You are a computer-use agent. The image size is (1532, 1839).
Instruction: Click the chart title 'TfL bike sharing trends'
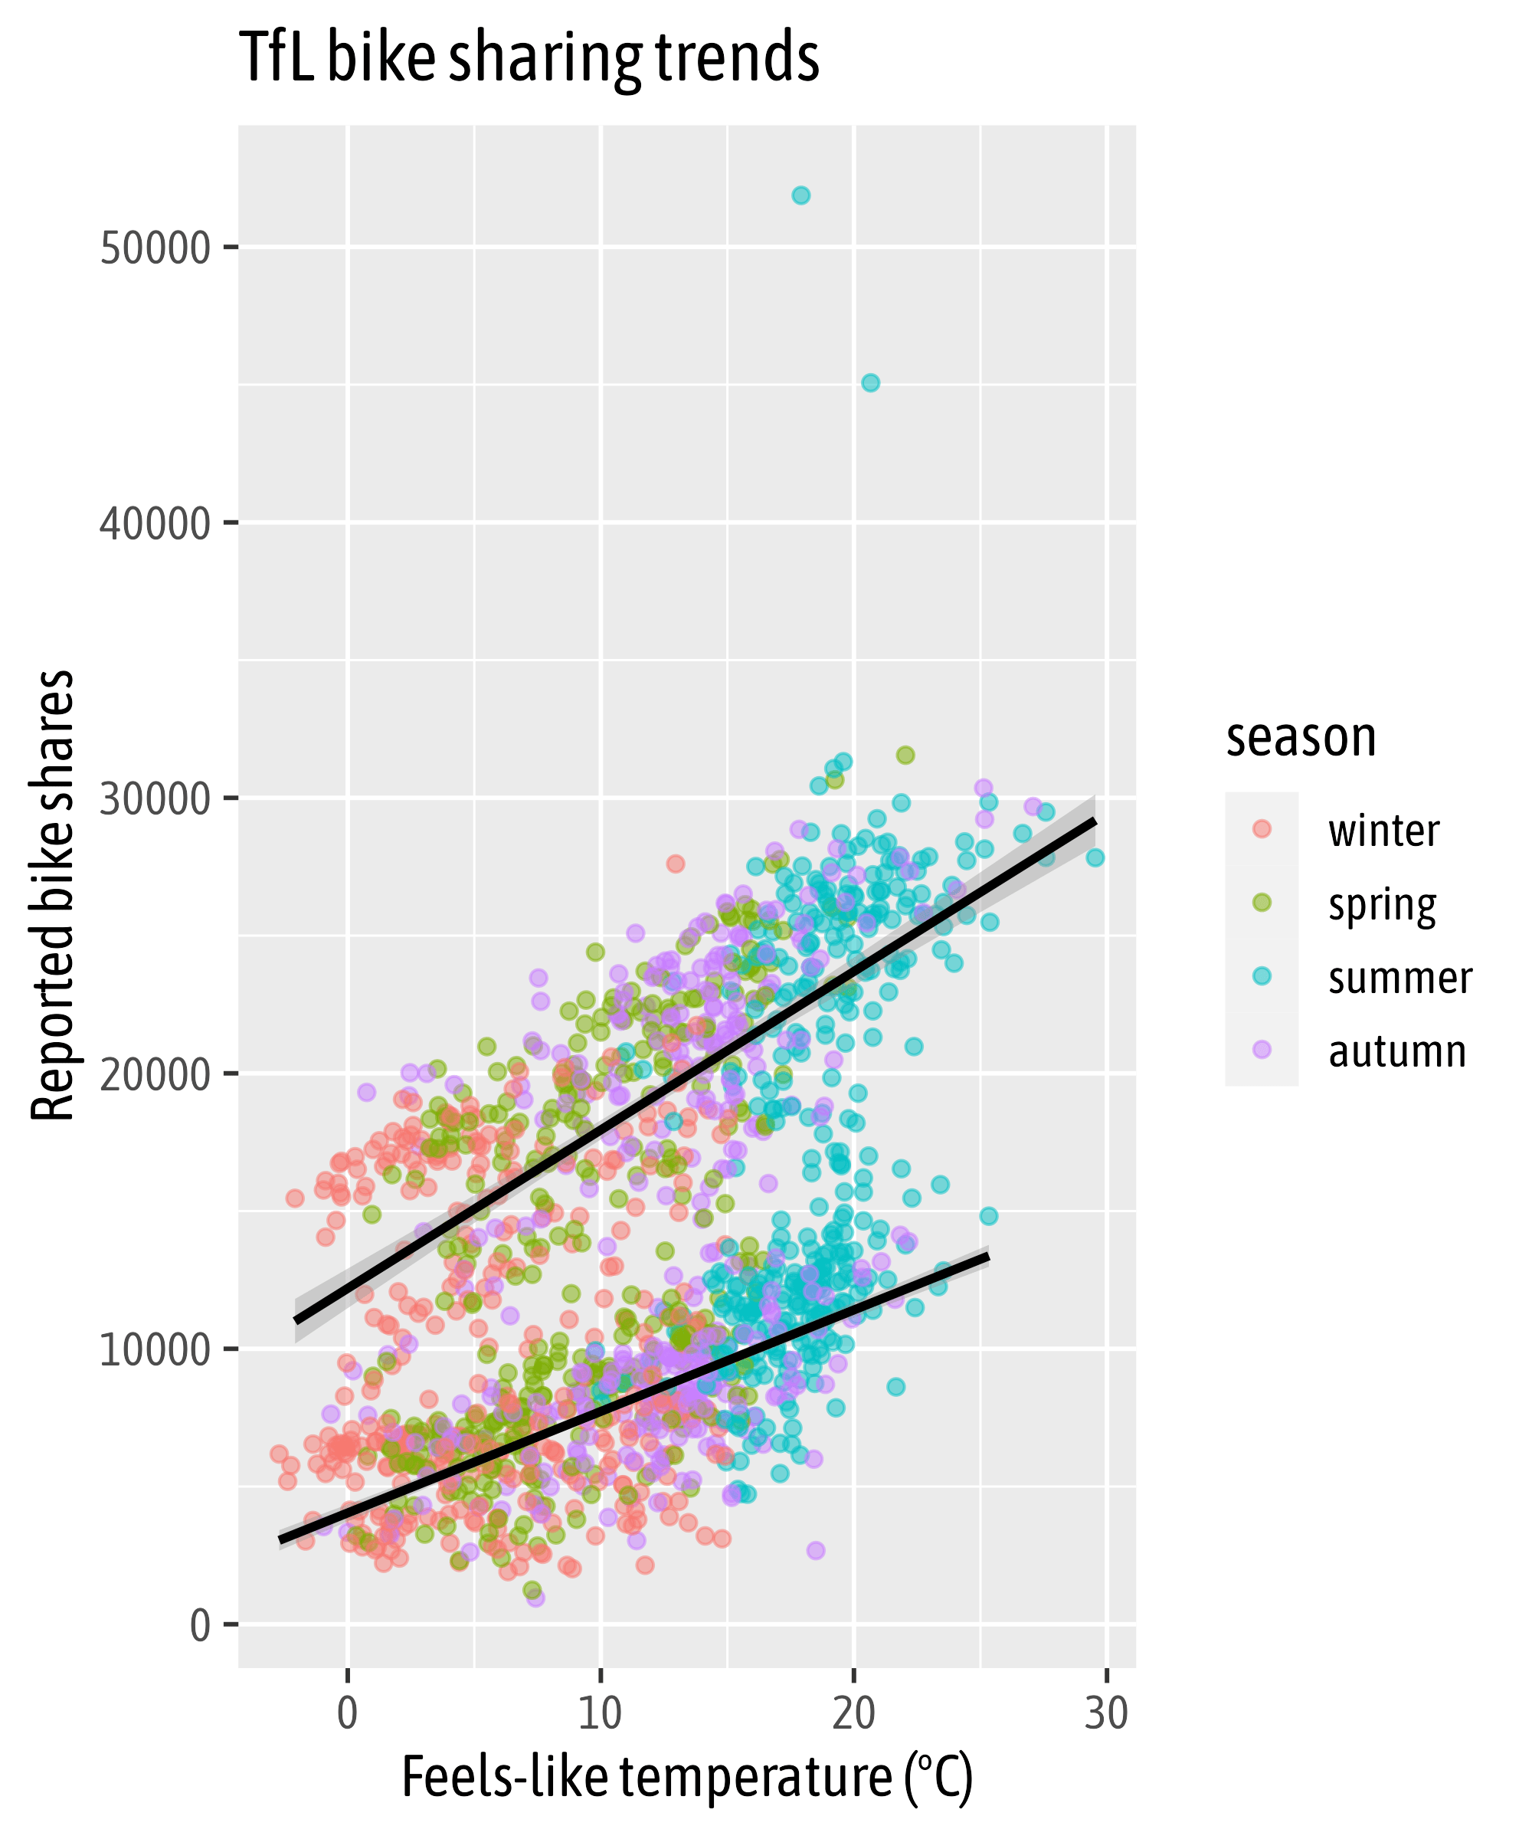pos(529,57)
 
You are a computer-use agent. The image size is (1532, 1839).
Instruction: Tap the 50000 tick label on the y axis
pos(155,249)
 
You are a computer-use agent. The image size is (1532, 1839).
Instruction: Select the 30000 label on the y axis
pos(155,798)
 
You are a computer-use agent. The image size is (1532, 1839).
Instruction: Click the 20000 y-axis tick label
pos(155,1074)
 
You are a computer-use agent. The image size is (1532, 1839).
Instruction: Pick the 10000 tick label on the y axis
pos(155,1349)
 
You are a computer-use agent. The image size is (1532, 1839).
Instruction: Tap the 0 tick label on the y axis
pos(201,1625)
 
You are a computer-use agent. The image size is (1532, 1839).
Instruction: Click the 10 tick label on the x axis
pos(600,1714)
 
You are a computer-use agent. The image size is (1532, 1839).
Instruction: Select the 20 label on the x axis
pos(853,1714)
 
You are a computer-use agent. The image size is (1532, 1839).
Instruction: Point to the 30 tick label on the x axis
pos(1107,1714)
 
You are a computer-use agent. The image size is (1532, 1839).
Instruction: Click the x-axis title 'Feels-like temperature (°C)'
pos(686,1778)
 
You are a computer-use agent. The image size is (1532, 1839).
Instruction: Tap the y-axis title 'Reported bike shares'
pos(53,895)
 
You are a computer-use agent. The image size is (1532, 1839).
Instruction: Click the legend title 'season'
pos(1301,737)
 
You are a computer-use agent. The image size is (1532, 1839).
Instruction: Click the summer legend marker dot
pos(1262,976)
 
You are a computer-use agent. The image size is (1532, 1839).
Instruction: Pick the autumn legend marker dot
pos(1262,1050)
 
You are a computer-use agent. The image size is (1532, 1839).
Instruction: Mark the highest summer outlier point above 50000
pos(801,195)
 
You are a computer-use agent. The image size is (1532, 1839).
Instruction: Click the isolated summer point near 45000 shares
pos(870,382)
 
